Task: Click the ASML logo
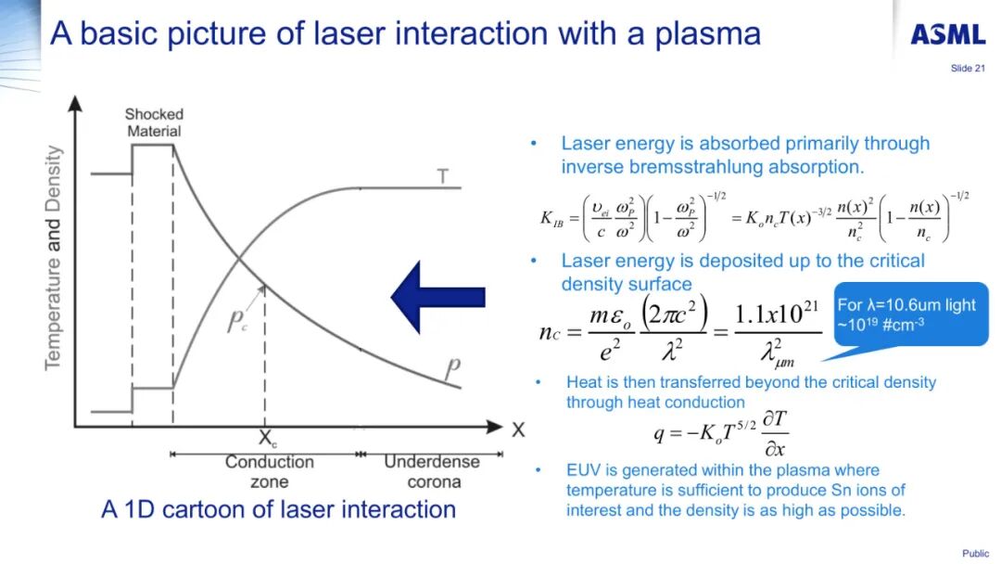coord(947,34)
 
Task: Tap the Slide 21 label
coord(968,68)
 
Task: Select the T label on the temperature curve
coord(443,175)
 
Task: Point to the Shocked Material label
coord(154,122)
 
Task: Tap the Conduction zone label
coord(269,471)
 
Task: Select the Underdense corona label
coord(432,471)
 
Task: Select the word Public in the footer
coord(975,554)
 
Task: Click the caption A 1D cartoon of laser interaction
coord(278,509)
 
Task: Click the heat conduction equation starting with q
coord(721,431)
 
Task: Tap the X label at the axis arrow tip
coord(517,429)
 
